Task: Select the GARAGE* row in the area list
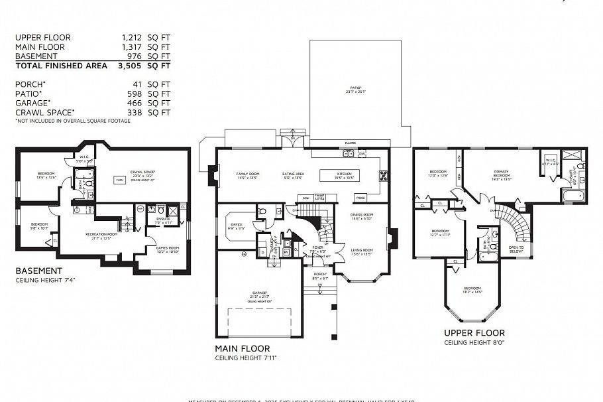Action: [93, 103]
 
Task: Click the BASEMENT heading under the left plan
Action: [38, 271]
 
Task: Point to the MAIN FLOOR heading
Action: [242, 348]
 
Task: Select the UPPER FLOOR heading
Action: [474, 333]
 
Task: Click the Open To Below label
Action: [516, 251]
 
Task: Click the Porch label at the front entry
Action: [319, 276]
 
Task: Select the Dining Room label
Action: [362, 216]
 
